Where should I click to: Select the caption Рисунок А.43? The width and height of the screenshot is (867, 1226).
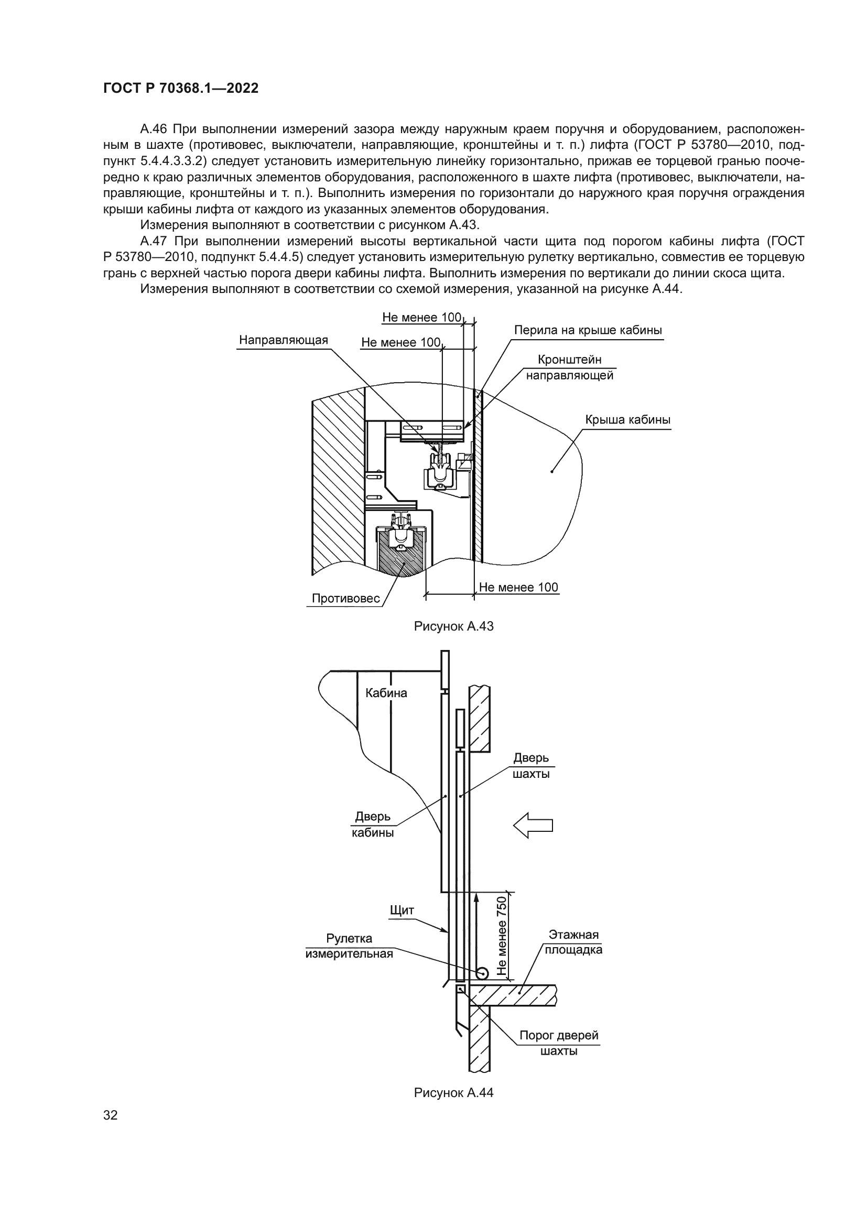click(453, 626)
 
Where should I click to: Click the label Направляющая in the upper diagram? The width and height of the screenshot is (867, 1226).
click(283, 340)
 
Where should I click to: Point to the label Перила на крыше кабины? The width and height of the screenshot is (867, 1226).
click(588, 330)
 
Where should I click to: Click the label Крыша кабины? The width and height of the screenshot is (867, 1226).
click(627, 420)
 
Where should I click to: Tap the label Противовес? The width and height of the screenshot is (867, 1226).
click(345, 599)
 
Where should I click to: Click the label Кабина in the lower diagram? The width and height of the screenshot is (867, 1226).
click(385, 693)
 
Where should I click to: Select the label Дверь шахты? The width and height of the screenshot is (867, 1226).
click(530, 766)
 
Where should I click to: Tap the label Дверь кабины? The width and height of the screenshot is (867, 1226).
click(373, 824)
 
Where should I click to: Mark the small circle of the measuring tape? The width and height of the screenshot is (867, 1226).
click(482, 973)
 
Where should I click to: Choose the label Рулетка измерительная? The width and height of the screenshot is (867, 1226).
click(349, 946)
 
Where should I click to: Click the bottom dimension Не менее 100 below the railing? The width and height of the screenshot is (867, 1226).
click(518, 588)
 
